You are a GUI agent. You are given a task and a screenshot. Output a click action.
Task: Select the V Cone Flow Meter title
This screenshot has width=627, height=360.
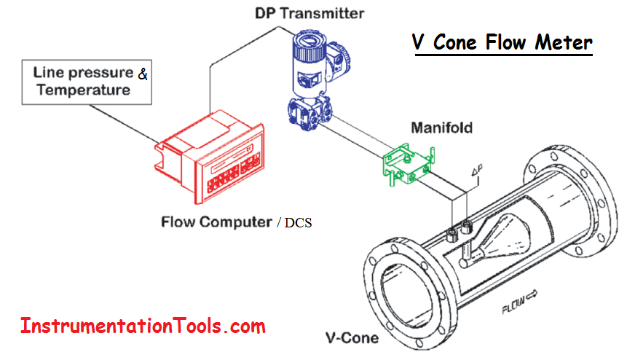point(502,42)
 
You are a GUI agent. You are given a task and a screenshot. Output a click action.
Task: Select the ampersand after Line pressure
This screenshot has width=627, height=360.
point(143,74)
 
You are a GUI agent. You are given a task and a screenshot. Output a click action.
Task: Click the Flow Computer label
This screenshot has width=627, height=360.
point(216,222)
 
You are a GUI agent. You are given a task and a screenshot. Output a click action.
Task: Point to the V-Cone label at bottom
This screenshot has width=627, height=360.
point(352,338)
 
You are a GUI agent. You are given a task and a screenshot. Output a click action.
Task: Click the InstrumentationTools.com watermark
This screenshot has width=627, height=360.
point(143,326)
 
